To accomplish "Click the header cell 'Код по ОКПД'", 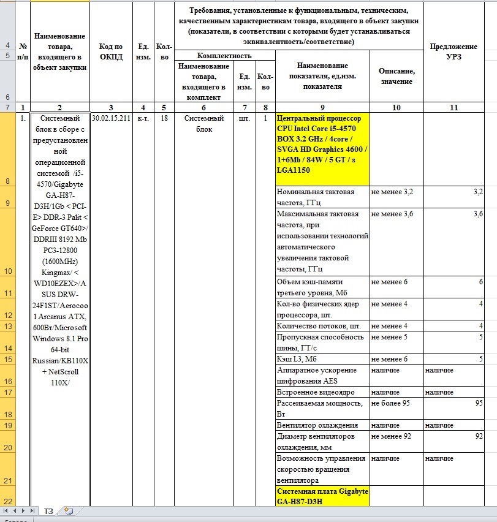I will [x=110, y=51].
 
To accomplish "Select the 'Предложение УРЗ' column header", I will [x=453, y=51].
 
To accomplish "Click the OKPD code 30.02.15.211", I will [x=110, y=118].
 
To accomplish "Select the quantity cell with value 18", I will [x=164, y=118].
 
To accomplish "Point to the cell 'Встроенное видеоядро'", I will [x=322, y=391].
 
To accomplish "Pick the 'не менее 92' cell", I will [x=396, y=436].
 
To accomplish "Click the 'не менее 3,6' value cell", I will [x=396, y=214].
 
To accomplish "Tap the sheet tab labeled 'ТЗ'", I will [x=48, y=510].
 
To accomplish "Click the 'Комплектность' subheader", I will [x=225, y=56].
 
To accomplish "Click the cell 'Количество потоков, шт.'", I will [x=322, y=325].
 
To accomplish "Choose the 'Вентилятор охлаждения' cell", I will [x=322, y=425].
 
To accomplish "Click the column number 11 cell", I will [x=453, y=107].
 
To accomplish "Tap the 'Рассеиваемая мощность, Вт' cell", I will [x=322, y=408].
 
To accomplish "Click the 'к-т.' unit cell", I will [x=143, y=118].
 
